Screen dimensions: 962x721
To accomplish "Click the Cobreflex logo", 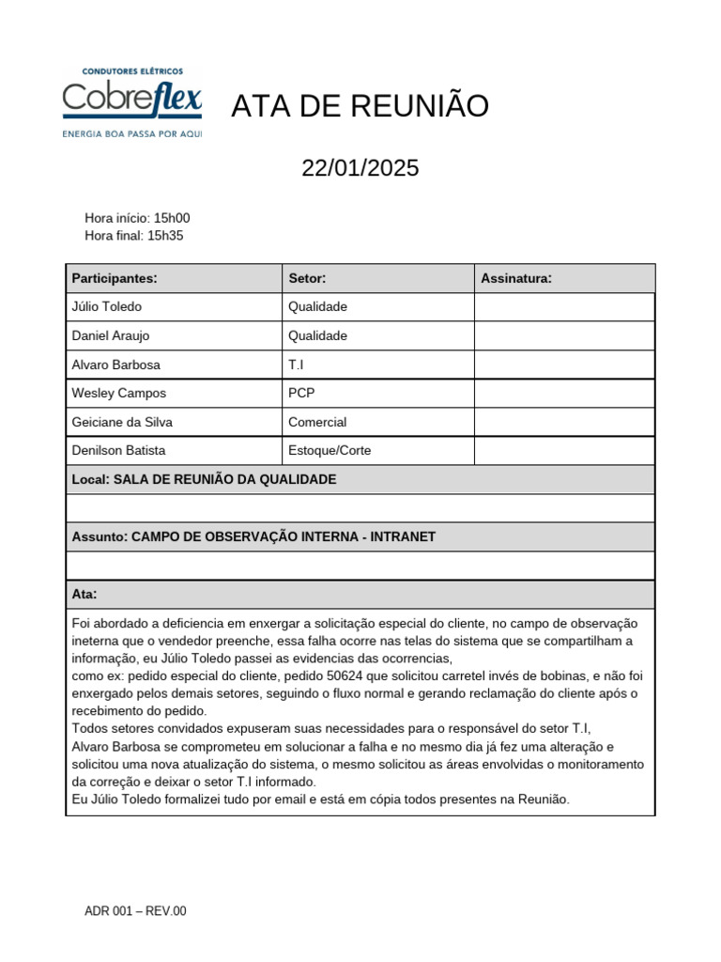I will click(x=131, y=101).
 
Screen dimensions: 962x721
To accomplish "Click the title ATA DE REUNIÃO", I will click(x=360, y=107).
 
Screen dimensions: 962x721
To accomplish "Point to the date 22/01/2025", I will click(x=360, y=168).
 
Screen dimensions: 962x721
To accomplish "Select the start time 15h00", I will click(x=171, y=218).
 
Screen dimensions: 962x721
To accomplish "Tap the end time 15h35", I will click(x=165, y=236).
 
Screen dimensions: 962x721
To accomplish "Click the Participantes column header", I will click(x=115, y=278).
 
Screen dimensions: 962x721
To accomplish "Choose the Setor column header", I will click(x=307, y=278).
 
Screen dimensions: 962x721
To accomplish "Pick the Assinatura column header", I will click(x=516, y=278).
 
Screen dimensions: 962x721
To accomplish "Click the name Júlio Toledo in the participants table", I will click(x=107, y=307).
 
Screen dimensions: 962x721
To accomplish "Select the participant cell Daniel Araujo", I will click(x=111, y=336).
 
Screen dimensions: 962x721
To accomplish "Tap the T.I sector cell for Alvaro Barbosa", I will click(x=297, y=365).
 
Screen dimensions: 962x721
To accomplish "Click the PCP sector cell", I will click(x=301, y=394).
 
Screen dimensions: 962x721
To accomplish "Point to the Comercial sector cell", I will click(x=317, y=423).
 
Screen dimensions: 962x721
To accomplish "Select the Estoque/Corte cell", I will click(x=330, y=451).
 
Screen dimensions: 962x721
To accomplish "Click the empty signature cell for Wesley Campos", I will click(x=564, y=394).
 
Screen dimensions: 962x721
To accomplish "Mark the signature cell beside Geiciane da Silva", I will click(x=564, y=423).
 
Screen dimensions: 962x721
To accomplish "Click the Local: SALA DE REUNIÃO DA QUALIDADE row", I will click(x=204, y=480).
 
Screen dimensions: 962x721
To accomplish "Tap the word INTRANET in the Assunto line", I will click(x=403, y=537).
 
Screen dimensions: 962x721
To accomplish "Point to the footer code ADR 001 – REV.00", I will click(x=135, y=911).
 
